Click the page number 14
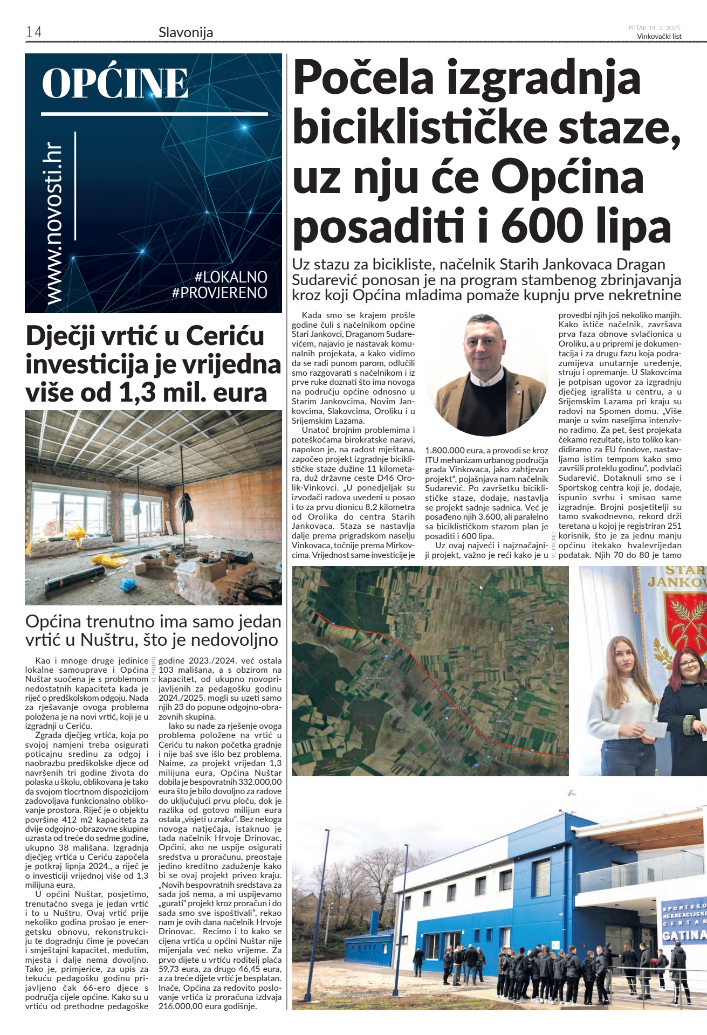pos(33,32)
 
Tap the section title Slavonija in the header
pos(186,33)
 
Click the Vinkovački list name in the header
pos(659,37)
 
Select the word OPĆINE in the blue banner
pos(115,84)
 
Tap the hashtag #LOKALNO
pos(231,277)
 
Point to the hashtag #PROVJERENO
pos(219,293)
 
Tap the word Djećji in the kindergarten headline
pos(61,336)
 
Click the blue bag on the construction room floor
pos(128,584)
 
